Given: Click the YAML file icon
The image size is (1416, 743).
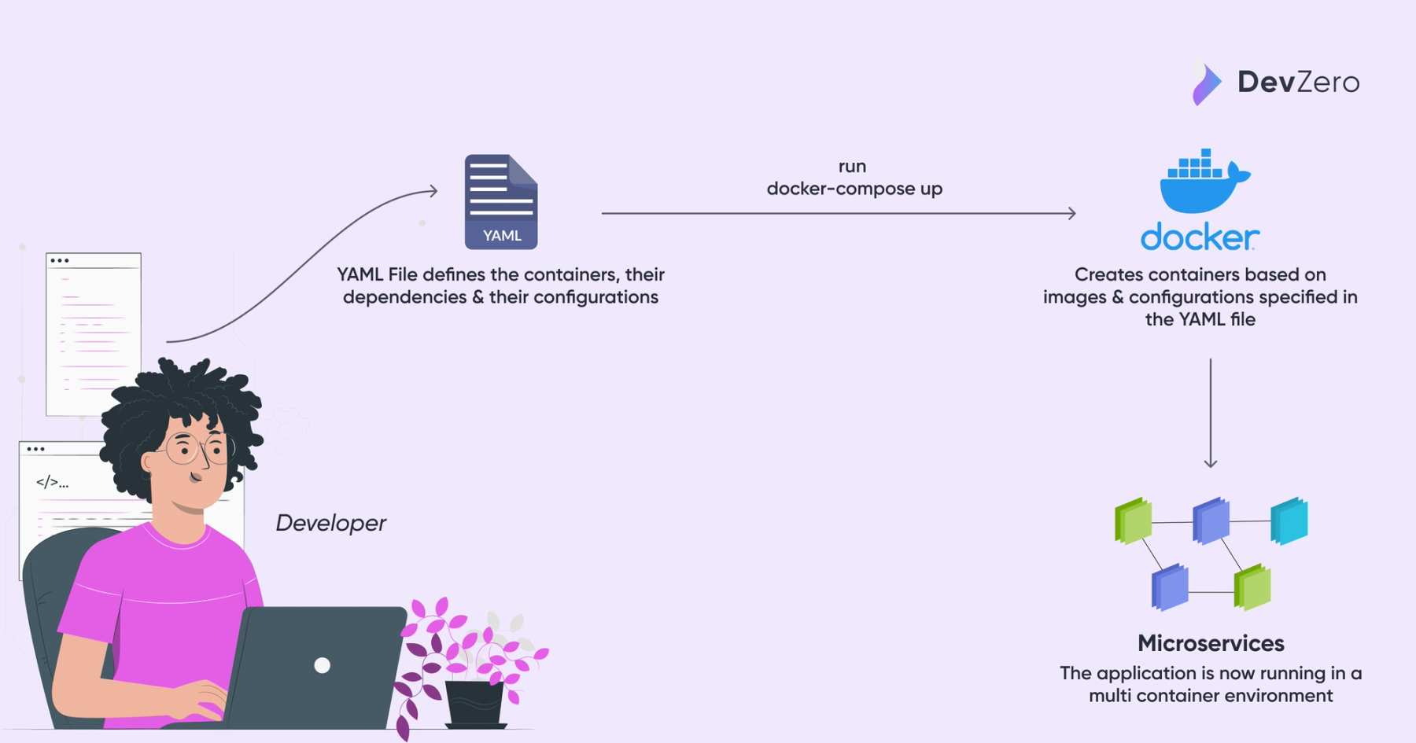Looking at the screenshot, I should tap(501, 202).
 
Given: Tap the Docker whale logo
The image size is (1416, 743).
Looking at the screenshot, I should tap(1201, 185).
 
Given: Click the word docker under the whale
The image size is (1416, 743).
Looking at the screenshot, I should tap(1200, 237).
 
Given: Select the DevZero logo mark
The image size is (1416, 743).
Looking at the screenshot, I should tap(1206, 83).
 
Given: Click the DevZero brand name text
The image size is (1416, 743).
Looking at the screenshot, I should tap(1298, 82).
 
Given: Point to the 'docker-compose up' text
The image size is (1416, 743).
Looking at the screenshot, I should tap(854, 189).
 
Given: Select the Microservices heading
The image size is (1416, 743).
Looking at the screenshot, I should tap(1211, 643).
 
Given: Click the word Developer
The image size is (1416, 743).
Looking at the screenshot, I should tap(330, 523).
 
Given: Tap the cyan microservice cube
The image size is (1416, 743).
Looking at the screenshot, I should tap(1289, 520).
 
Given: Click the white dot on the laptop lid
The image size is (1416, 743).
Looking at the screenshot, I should tap(322, 665).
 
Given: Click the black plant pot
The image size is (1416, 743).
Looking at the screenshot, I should tap(474, 701).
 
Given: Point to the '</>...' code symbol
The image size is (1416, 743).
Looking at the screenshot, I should tap(52, 482).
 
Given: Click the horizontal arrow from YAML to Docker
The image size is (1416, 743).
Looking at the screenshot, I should tap(838, 213).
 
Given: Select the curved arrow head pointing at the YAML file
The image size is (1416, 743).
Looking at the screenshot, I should tap(433, 190).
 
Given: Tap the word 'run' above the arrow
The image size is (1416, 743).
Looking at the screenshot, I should tap(852, 167).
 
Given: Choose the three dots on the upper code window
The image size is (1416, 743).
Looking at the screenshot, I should tap(60, 260).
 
